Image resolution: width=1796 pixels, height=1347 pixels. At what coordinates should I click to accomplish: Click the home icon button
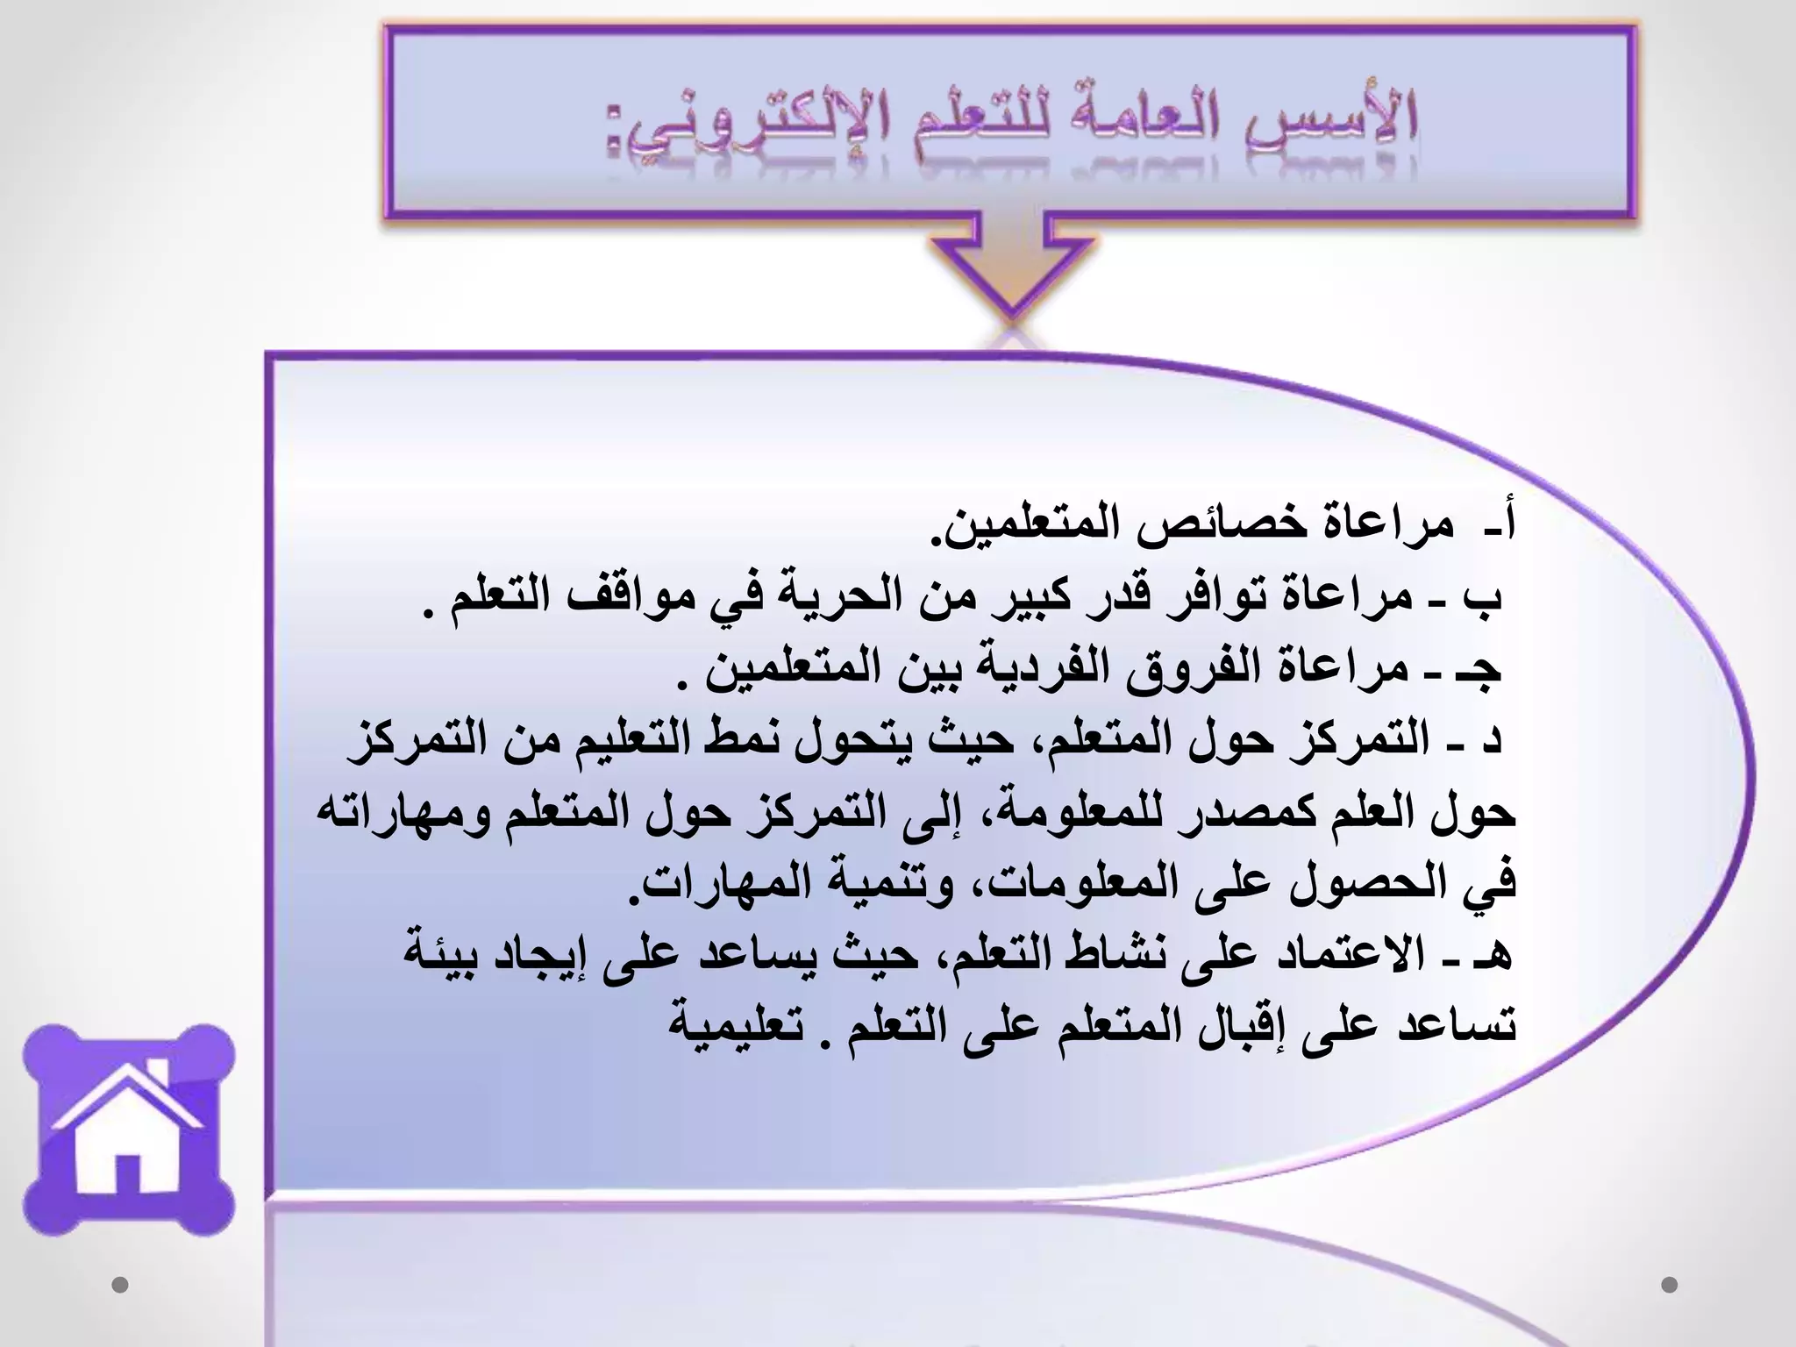(129, 1132)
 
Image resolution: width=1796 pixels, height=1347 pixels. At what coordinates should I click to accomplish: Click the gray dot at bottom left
(120, 1285)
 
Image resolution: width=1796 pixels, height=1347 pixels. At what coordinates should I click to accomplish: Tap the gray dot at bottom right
(1669, 1285)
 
